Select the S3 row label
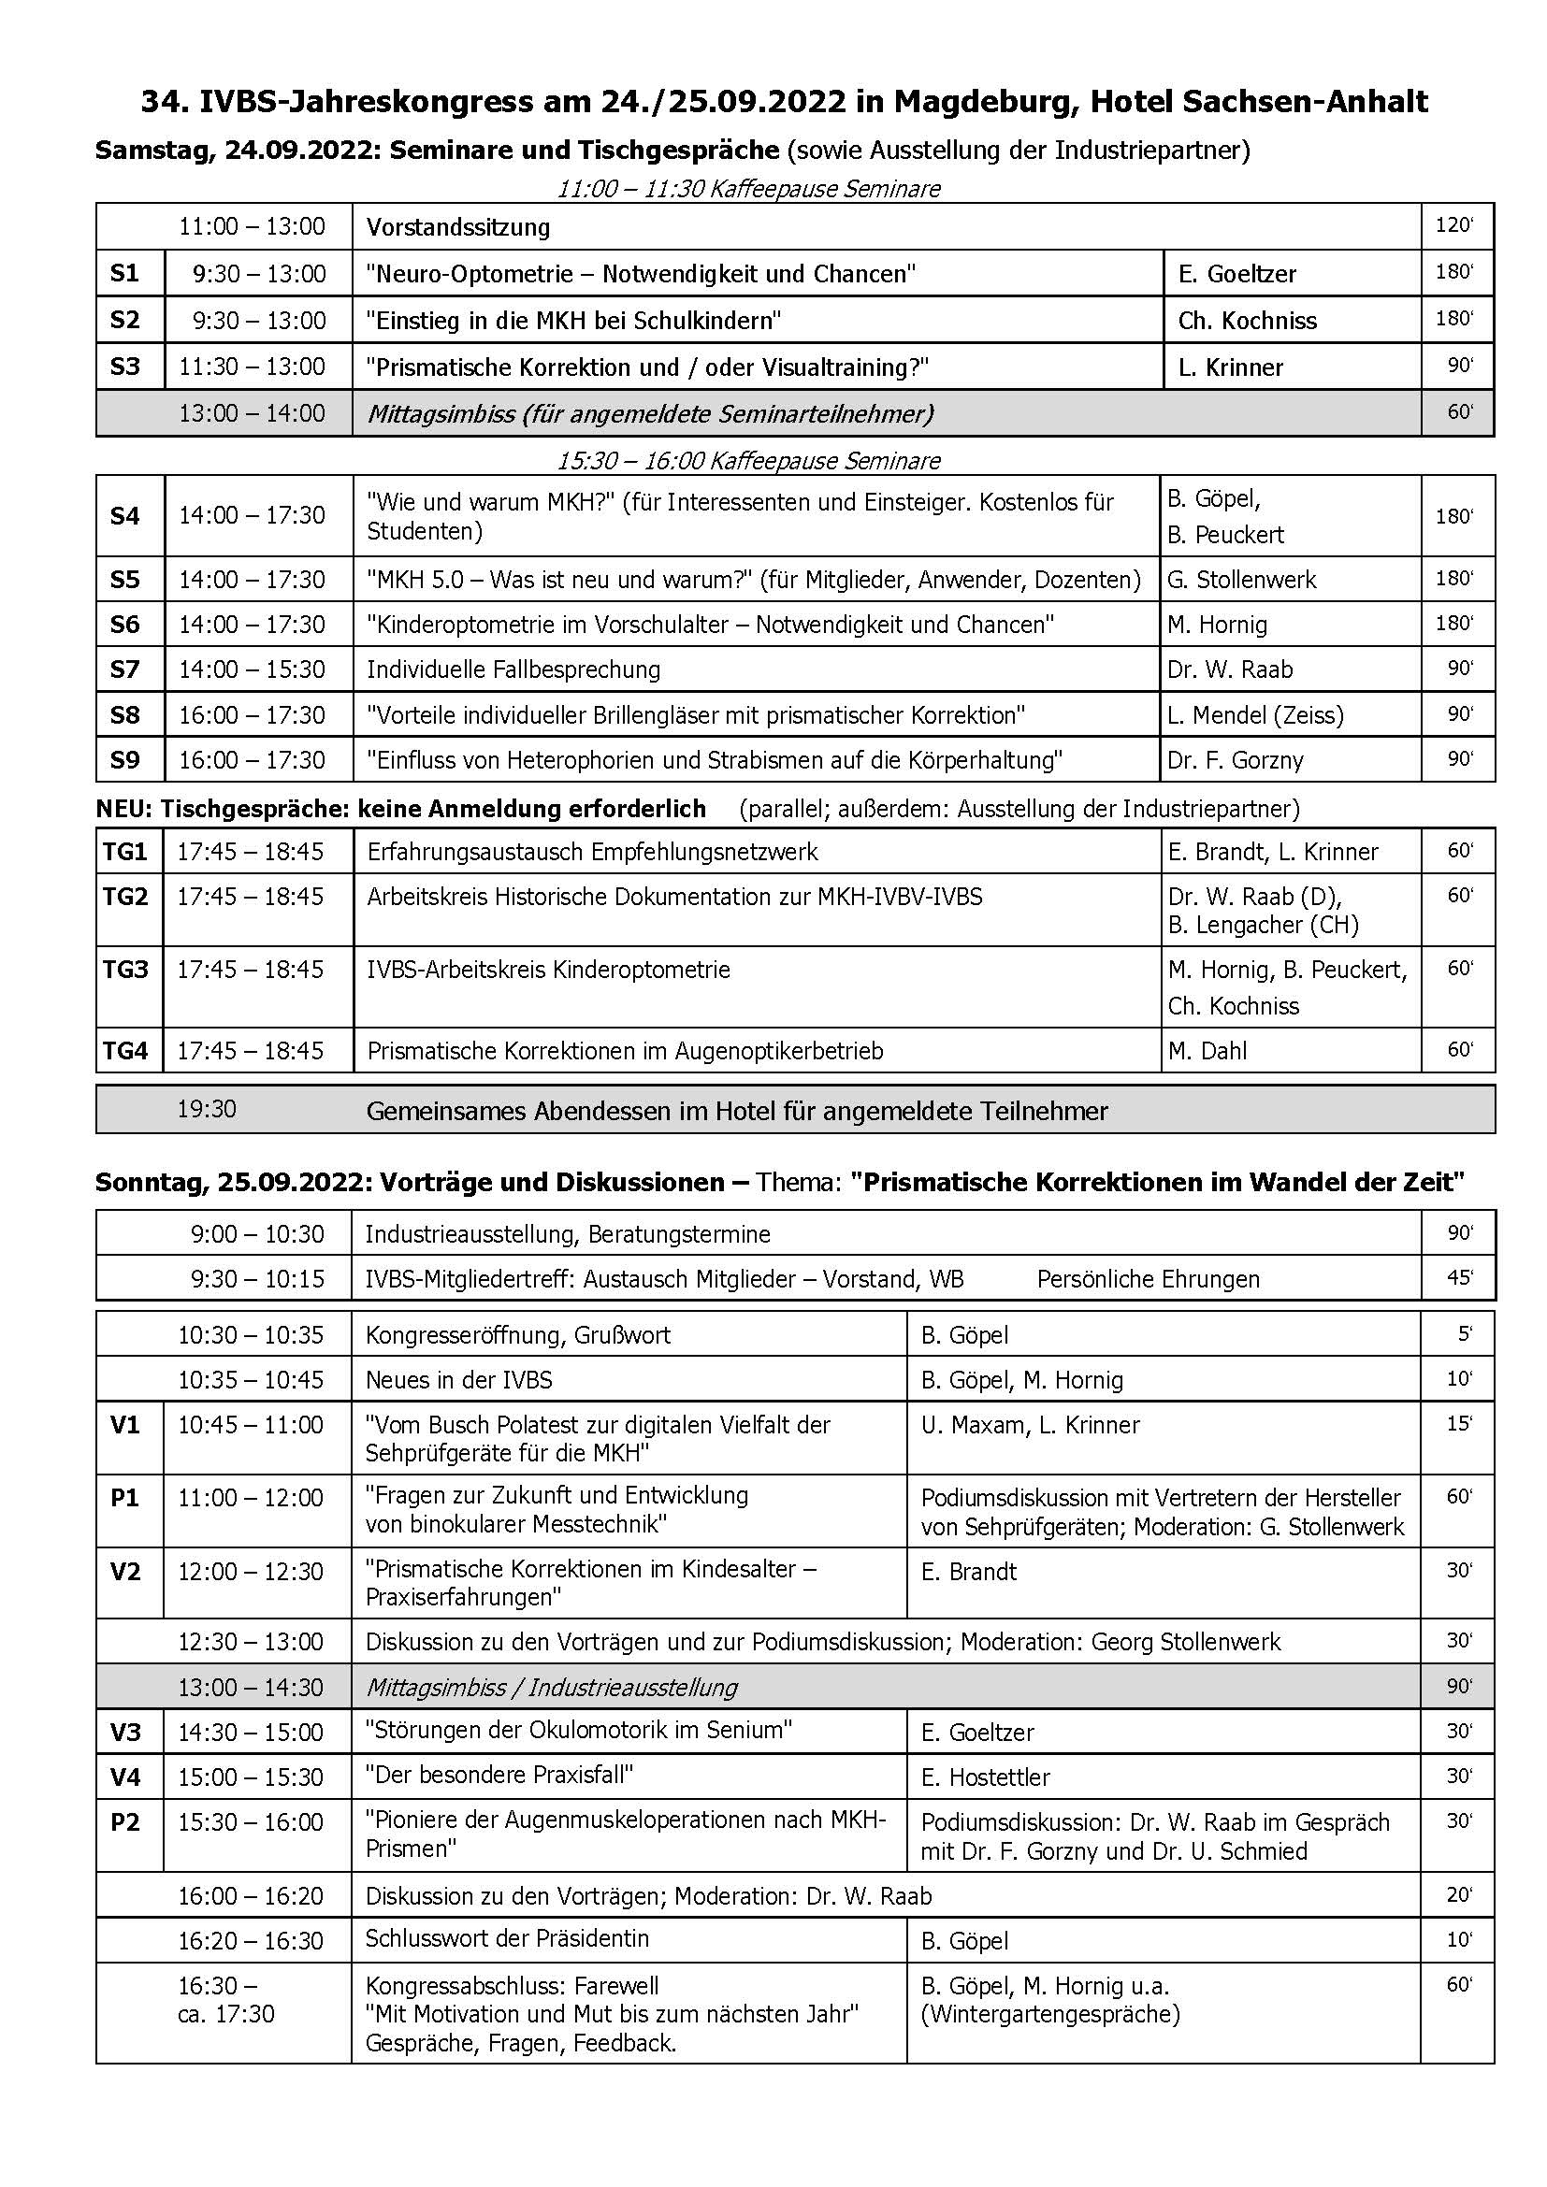(x=124, y=367)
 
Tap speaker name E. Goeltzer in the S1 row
(x=1236, y=274)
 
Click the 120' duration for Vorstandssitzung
(x=1453, y=225)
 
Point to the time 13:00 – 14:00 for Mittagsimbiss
(x=252, y=413)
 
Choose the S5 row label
(x=124, y=579)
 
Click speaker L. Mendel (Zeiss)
(x=1254, y=714)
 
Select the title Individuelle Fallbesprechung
(x=513, y=669)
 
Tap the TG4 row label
(x=125, y=1051)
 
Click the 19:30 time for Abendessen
(x=207, y=1109)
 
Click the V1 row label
(x=125, y=1425)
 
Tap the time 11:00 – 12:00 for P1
(x=251, y=1498)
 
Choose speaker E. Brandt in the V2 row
(x=969, y=1572)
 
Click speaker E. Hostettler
(x=985, y=1777)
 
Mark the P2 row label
(x=125, y=1822)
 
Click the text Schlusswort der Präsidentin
(x=507, y=1938)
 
